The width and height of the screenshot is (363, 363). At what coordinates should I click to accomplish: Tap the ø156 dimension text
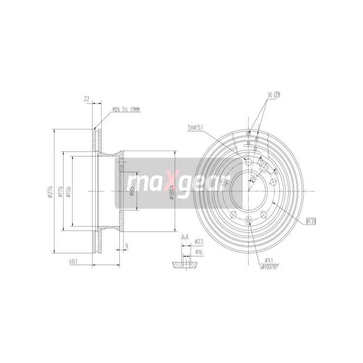point(68,192)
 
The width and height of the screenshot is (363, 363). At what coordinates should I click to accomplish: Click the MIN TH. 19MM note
point(127,109)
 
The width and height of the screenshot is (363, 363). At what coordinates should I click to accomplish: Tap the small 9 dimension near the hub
point(127,247)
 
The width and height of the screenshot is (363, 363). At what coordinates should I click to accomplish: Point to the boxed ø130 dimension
point(311,221)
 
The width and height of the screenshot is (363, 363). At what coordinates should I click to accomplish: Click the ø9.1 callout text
point(269,260)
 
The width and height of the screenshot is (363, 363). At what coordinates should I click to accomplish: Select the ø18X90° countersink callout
point(272,267)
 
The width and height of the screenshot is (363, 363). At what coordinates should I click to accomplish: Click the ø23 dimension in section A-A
point(198,241)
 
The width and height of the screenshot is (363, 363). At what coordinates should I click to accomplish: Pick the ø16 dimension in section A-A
point(198,251)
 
